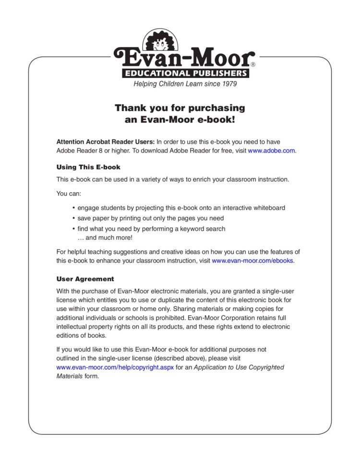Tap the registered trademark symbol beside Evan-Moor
click(x=253, y=64)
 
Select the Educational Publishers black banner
click(x=185, y=74)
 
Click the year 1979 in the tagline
click(x=228, y=84)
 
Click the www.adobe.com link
click(x=271, y=150)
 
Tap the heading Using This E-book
click(x=88, y=167)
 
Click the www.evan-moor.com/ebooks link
click(x=252, y=261)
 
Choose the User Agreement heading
click(x=85, y=279)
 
